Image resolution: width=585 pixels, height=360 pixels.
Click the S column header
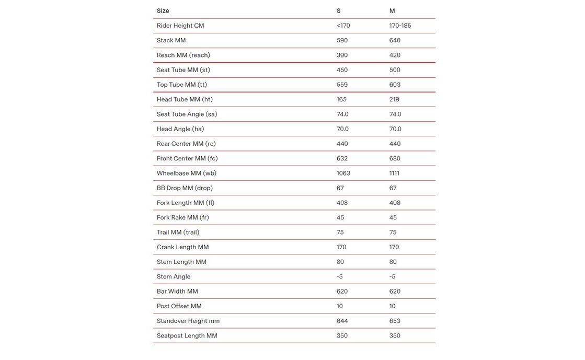tap(338, 11)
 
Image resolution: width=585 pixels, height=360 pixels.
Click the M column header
tap(392, 11)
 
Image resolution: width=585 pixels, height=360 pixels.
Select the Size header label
tap(163, 11)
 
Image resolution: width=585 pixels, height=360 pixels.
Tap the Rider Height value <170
tap(343, 26)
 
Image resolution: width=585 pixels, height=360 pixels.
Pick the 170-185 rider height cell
tap(400, 26)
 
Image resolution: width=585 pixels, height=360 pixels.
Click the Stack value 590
tap(342, 40)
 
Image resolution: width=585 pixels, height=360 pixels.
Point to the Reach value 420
tap(395, 55)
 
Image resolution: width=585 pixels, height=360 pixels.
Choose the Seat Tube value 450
tap(342, 70)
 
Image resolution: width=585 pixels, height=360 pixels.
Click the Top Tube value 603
tap(395, 85)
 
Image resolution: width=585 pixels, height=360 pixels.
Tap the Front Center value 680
tap(395, 158)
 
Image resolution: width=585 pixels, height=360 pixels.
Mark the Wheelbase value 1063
tap(343, 173)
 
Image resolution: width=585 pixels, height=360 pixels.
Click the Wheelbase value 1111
tap(395, 173)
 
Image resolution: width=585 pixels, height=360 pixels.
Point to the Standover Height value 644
tap(342, 321)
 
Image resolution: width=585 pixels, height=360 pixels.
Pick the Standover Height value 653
tap(395, 321)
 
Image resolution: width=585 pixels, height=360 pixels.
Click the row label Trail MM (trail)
tap(178, 232)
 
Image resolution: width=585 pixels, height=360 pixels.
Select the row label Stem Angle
tap(174, 276)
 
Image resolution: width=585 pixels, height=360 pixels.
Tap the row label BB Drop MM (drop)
tap(185, 188)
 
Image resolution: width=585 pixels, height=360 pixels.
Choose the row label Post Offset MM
tap(179, 306)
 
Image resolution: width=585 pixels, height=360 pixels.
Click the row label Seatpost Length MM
tap(187, 335)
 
